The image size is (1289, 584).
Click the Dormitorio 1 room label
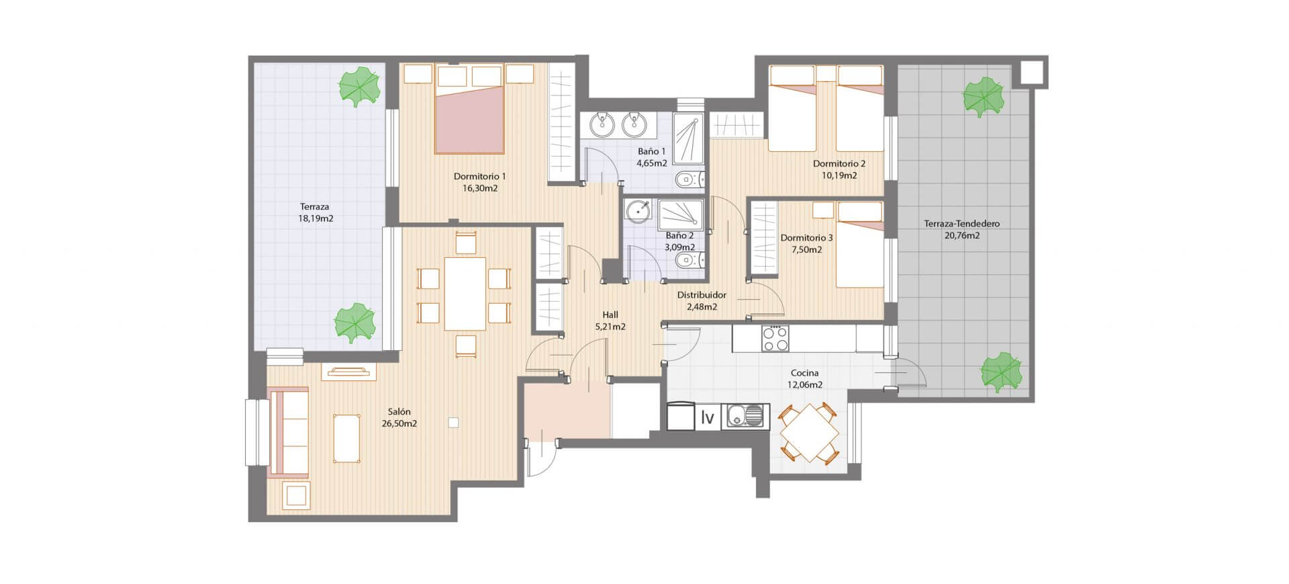(x=479, y=177)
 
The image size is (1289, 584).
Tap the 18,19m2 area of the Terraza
(x=316, y=218)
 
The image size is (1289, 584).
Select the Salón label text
(x=399, y=412)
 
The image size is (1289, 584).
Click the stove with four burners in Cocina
(x=775, y=338)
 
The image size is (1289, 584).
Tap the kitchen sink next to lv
(x=745, y=417)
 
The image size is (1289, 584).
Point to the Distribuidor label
(x=702, y=295)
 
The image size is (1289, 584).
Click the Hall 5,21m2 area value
(x=610, y=327)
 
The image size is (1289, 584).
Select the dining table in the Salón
(x=465, y=294)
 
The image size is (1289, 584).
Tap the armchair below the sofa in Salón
(x=295, y=496)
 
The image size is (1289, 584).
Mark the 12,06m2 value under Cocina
(x=805, y=385)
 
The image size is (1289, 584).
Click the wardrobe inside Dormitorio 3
(x=763, y=239)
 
